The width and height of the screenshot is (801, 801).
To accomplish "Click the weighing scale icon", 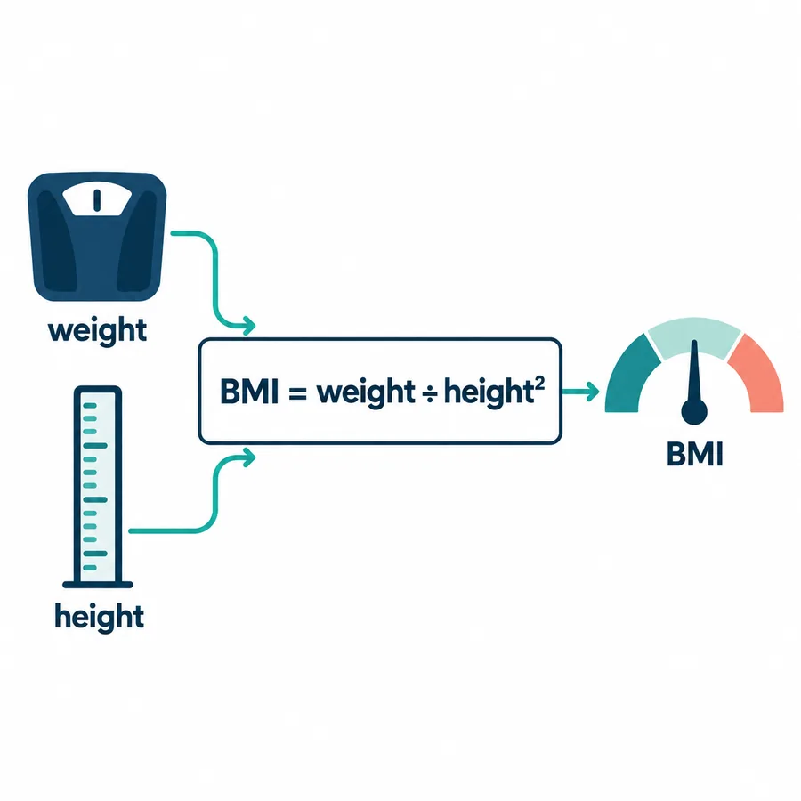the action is pos(97,237).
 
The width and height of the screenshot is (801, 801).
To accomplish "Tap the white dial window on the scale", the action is pos(97,198).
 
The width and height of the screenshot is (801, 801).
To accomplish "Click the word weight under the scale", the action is pos(97,330).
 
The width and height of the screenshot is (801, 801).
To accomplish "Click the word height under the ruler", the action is pos(99,617).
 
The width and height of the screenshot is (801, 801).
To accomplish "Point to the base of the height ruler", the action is pos(98,585).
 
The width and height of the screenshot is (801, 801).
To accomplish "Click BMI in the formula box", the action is pos(249,392).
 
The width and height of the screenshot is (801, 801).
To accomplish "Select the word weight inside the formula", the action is pos(366,392).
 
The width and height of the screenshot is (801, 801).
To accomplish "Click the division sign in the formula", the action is pos(430,393).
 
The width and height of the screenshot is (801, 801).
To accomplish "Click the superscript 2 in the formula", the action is pos(539,383).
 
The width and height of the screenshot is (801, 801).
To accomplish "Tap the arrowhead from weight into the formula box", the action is pos(249,325).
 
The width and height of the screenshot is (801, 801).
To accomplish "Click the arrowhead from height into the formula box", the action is pos(249,457).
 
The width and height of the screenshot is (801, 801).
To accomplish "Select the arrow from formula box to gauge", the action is pos(580,392).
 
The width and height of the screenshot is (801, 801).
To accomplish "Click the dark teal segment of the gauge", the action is pos(627,376).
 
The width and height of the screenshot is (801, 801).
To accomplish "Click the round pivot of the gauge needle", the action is pos(694,412).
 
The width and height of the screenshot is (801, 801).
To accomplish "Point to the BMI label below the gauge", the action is pos(695,454).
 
